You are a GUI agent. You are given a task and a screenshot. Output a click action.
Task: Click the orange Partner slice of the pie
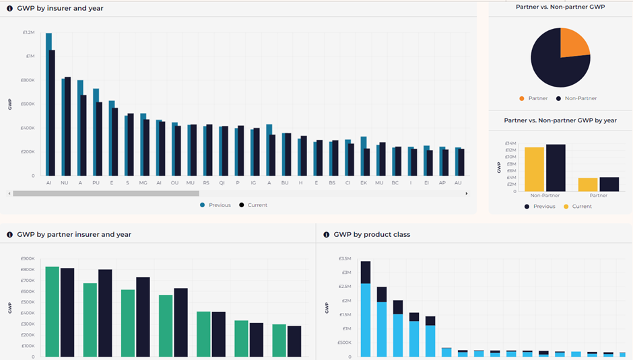click(x=573, y=44)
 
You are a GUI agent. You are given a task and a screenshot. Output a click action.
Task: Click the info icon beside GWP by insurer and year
click(x=9, y=9)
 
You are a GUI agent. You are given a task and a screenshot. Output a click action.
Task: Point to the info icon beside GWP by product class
click(x=326, y=234)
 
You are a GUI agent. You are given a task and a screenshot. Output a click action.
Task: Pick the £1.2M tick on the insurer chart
click(x=29, y=32)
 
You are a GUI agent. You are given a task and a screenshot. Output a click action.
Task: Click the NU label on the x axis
click(x=64, y=183)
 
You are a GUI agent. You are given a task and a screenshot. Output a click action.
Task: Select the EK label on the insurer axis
click(x=364, y=183)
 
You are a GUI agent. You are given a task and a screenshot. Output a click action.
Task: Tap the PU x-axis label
click(x=96, y=183)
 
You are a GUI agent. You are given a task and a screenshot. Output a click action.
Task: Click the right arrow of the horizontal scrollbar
click(x=466, y=194)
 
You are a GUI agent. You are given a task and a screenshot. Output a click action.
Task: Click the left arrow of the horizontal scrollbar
click(x=9, y=194)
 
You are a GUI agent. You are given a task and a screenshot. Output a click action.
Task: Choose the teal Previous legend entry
click(x=215, y=205)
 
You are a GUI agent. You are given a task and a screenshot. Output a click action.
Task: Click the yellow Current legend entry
click(x=578, y=207)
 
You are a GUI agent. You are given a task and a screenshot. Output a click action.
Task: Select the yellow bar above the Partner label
click(x=588, y=185)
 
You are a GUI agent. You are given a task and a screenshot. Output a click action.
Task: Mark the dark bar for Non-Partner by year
click(x=556, y=168)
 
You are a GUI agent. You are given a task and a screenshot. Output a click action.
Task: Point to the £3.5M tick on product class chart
click(x=345, y=258)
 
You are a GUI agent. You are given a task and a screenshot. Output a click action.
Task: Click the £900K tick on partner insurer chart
click(x=28, y=258)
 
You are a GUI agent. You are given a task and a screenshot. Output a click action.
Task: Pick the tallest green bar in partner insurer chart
click(x=53, y=312)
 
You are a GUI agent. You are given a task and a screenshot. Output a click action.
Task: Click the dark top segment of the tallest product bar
click(x=366, y=273)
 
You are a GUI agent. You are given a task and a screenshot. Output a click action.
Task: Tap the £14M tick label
click(x=510, y=143)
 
